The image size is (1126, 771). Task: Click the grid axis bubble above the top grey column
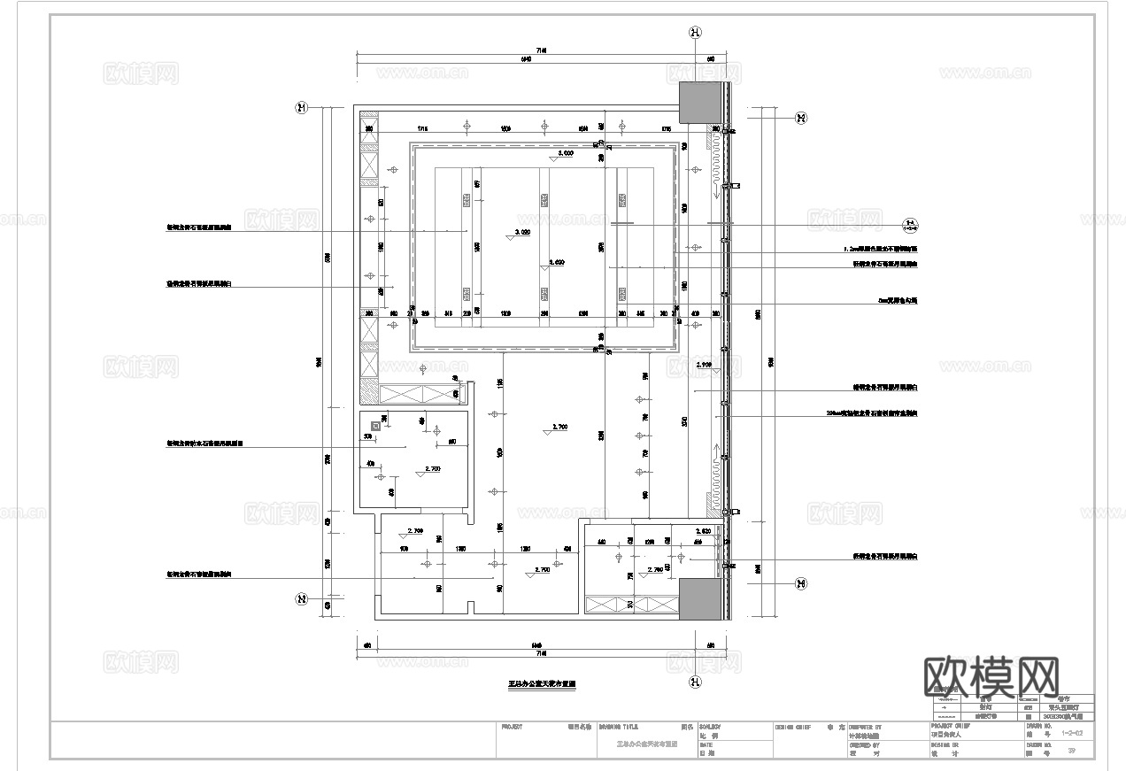696,33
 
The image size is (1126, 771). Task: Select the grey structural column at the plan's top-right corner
701,104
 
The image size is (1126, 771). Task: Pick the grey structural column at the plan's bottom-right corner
701,599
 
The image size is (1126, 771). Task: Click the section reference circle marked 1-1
909,224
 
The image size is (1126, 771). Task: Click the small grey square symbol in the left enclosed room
376,426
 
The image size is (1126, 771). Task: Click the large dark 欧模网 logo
991,676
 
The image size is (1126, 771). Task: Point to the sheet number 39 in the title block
1072,752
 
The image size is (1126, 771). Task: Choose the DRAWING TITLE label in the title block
623,726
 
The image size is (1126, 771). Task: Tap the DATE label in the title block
706,745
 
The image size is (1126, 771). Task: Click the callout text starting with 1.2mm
880,250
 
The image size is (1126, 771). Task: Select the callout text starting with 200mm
871,413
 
